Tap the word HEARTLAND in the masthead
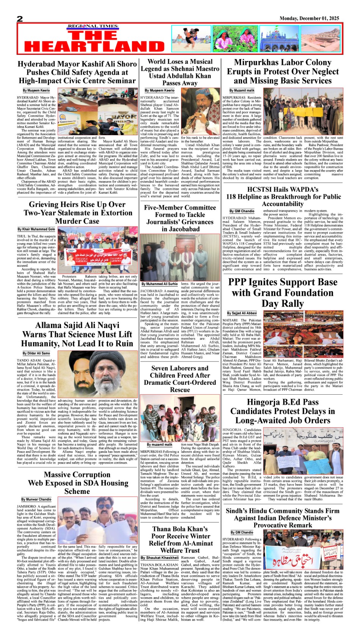[x=94, y=47]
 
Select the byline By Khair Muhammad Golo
[x=36, y=230]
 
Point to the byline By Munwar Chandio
[x=36, y=500]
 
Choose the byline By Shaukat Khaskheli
[x=160, y=558]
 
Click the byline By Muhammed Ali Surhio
[x=160, y=284]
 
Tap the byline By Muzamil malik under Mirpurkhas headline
[x=242, y=91]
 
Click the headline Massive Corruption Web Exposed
[x=77, y=483]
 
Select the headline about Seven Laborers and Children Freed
[x=180, y=379]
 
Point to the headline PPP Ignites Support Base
[x=282, y=293]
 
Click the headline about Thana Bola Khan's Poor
[x=180, y=539]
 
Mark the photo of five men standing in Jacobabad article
[x=180, y=257]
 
